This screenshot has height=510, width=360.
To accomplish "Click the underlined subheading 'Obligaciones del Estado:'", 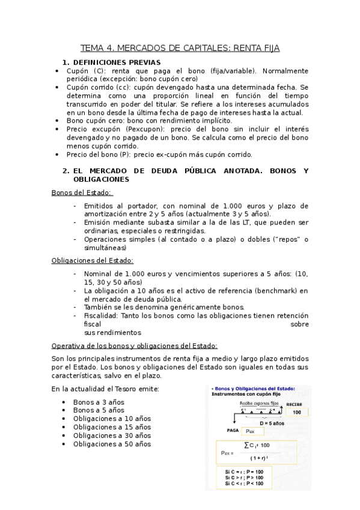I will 92,260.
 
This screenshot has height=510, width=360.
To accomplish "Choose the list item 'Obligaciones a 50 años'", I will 112,444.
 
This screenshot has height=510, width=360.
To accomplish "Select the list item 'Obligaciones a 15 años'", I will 112,427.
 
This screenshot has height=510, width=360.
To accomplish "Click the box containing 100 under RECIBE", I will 296,413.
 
